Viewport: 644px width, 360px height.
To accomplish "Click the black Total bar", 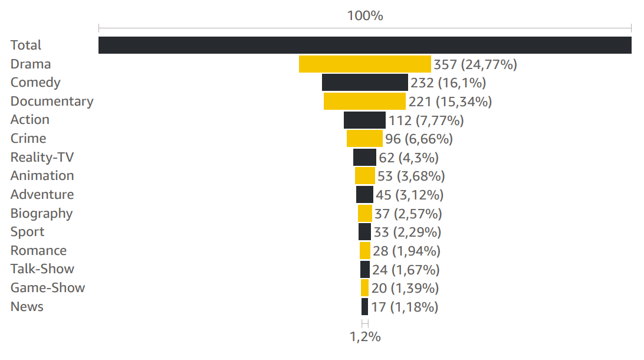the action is pyautogui.click(x=364, y=45).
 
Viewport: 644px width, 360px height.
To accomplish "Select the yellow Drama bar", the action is pyautogui.click(x=364, y=64).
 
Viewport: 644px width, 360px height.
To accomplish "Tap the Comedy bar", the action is pyautogui.click(x=364, y=83).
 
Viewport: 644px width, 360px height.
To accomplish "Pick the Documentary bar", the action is pyautogui.click(x=364, y=102).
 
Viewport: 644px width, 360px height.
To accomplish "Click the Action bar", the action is pyautogui.click(x=364, y=120).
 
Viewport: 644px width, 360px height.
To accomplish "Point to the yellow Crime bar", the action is pyautogui.click(x=364, y=139).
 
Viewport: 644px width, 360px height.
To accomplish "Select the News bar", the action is pyautogui.click(x=364, y=306).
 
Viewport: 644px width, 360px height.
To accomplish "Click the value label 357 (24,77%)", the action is pyautogui.click(x=475, y=64).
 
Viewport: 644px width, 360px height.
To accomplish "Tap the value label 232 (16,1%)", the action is pyautogui.click(x=448, y=83).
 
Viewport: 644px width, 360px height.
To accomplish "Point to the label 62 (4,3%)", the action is pyautogui.click(x=409, y=158).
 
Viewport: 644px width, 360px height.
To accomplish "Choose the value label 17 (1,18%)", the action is pyautogui.click(x=405, y=307).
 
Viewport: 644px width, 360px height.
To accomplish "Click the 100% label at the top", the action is pyautogui.click(x=365, y=15).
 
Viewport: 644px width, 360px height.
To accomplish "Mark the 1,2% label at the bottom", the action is pyautogui.click(x=365, y=337).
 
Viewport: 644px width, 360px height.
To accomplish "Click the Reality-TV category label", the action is pyautogui.click(x=42, y=157).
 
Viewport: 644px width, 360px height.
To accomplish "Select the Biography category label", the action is pyautogui.click(x=41, y=214).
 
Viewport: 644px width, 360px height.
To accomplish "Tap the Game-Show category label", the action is pyautogui.click(x=48, y=287).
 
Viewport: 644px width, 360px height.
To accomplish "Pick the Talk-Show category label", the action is pyautogui.click(x=42, y=269).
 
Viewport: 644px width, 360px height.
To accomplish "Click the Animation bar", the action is pyautogui.click(x=364, y=176).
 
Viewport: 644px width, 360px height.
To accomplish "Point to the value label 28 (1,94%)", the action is pyautogui.click(x=406, y=251).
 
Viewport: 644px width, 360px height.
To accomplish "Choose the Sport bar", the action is pyautogui.click(x=364, y=232).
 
